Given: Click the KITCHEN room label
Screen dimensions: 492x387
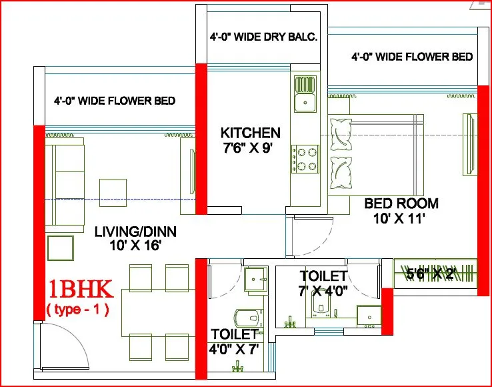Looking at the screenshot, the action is pos(250,133).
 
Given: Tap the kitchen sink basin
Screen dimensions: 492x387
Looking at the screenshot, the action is pos(305,102).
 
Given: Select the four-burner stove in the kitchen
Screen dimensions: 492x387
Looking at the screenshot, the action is pos(305,159).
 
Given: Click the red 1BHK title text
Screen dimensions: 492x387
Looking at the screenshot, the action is pos(81,290).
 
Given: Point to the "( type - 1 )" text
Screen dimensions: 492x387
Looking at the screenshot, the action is pos(77,310).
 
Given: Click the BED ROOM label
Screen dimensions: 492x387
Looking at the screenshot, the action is pos(401,204).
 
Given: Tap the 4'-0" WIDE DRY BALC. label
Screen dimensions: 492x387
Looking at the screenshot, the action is pos(263,37).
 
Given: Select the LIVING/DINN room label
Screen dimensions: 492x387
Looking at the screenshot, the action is pos(135,232).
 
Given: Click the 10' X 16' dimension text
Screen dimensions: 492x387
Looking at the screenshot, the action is pos(135,246).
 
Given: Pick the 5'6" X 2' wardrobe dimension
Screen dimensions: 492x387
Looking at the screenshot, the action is pos(430,274).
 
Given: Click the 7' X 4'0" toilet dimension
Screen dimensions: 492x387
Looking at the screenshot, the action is pos(323,291).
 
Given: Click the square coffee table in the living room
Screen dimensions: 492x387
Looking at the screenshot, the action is pos(113,193).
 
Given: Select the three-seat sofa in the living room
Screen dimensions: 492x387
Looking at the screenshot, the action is pos(65,185).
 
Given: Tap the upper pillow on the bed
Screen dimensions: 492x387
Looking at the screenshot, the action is pos(341,134).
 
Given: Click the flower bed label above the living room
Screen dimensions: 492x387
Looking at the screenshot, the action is pos(115,101).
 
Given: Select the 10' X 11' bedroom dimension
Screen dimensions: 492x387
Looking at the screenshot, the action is pos(399,218).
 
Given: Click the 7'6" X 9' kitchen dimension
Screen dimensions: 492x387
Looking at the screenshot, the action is pos(247,147).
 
